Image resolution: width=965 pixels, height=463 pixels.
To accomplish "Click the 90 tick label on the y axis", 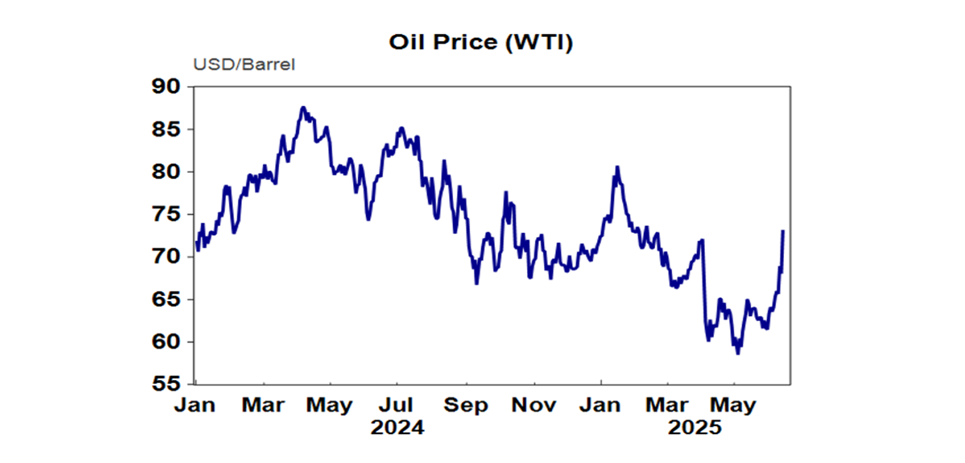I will (165, 87).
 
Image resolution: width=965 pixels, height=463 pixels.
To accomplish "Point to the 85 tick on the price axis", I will (165, 129).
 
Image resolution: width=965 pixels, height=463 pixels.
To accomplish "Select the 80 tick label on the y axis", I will (165, 172).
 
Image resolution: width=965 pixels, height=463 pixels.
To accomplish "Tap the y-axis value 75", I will (165, 214).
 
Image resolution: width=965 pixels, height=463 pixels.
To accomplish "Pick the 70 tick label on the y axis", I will (165, 257).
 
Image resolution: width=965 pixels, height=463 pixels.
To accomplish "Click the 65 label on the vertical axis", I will (165, 300).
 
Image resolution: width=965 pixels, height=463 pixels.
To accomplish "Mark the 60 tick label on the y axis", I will (165, 342).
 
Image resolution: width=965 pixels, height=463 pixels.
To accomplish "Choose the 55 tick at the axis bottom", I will (165, 384).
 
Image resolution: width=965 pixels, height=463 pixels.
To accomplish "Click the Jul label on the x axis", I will (398, 405).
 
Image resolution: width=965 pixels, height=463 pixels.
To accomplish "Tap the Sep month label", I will (466, 405).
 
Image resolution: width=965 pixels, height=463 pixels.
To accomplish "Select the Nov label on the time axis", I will (533, 405).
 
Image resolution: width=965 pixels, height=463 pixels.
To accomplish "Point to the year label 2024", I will (397, 428).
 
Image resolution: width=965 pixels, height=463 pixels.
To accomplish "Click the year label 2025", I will (695, 428).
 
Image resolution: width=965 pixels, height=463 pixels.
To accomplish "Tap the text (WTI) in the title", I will (542, 43).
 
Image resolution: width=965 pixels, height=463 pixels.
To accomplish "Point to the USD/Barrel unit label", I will (244, 65).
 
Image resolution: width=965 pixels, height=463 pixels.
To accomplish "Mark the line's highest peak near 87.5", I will (303, 107).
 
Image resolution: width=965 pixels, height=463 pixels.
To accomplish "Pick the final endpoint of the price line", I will (783, 231).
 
